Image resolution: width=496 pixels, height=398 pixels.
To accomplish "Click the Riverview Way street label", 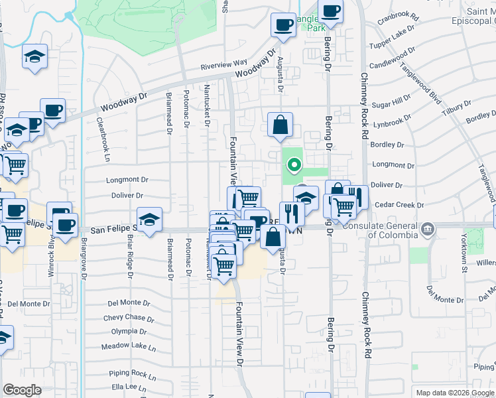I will pyautogui.click(x=224, y=65).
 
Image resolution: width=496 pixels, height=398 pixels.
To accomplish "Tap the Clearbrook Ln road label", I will pyautogui.click(x=104, y=140).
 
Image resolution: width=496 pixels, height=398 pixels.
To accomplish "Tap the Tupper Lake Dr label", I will pyautogui.click(x=393, y=41).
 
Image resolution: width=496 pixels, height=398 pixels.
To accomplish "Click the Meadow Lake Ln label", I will pyautogui.click(x=128, y=347).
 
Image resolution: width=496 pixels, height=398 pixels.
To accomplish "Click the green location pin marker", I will pyautogui.click(x=292, y=163).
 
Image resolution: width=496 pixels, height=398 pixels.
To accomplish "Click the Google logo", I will pyautogui.click(x=22, y=390).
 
